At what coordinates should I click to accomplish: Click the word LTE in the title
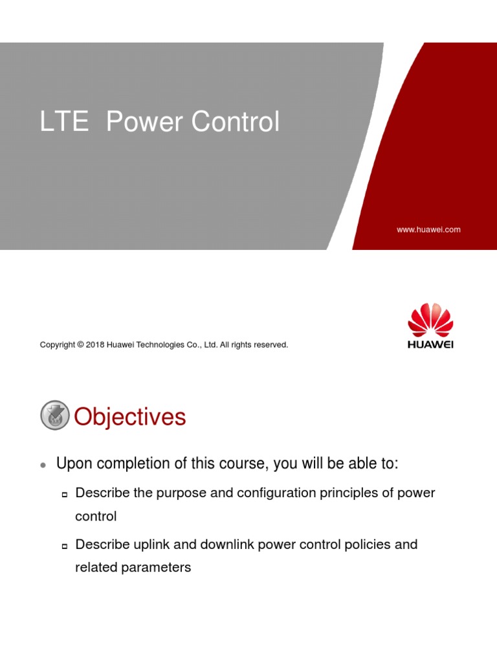click(x=63, y=122)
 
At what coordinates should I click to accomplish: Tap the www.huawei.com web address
click(x=428, y=229)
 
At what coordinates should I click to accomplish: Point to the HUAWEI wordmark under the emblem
click(x=430, y=344)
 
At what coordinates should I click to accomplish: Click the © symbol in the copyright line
click(x=80, y=345)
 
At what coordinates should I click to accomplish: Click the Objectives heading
click(x=130, y=417)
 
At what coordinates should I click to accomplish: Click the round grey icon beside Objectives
click(x=55, y=416)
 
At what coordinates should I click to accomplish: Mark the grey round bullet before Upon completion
click(x=43, y=466)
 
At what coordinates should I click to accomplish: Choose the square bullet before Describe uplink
click(x=64, y=546)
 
